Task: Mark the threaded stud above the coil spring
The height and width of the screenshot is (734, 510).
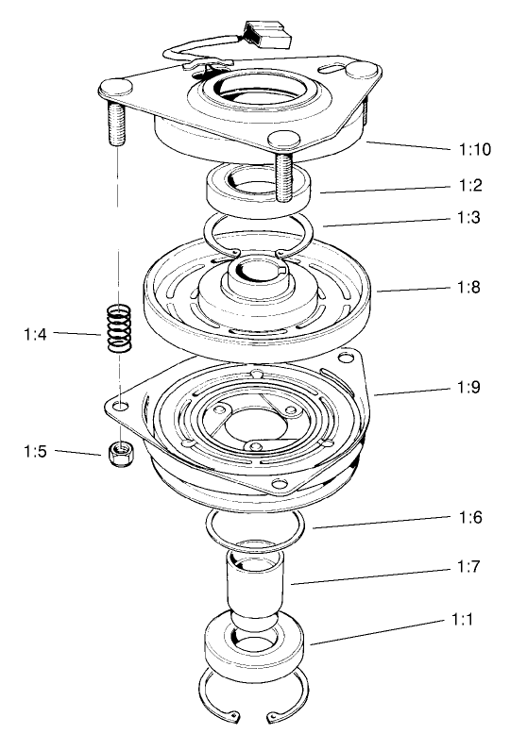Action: click(x=117, y=118)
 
